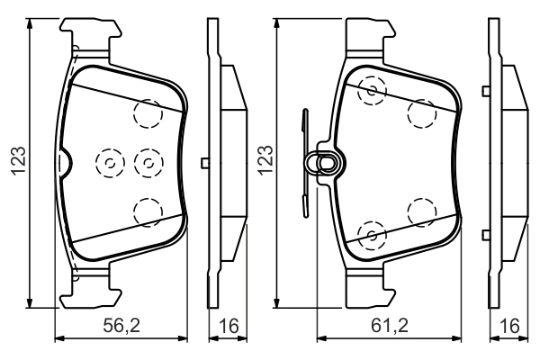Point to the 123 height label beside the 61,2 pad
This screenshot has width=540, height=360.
(x=265, y=162)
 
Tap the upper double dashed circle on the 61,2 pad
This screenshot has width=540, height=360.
(x=372, y=90)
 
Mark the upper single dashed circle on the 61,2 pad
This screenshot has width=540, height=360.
(x=420, y=112)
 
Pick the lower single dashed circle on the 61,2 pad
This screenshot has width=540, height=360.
(x=420, y=212)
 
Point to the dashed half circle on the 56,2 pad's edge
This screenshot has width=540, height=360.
(x=64, y=162)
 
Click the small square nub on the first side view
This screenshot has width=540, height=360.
(x=206, y=163)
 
